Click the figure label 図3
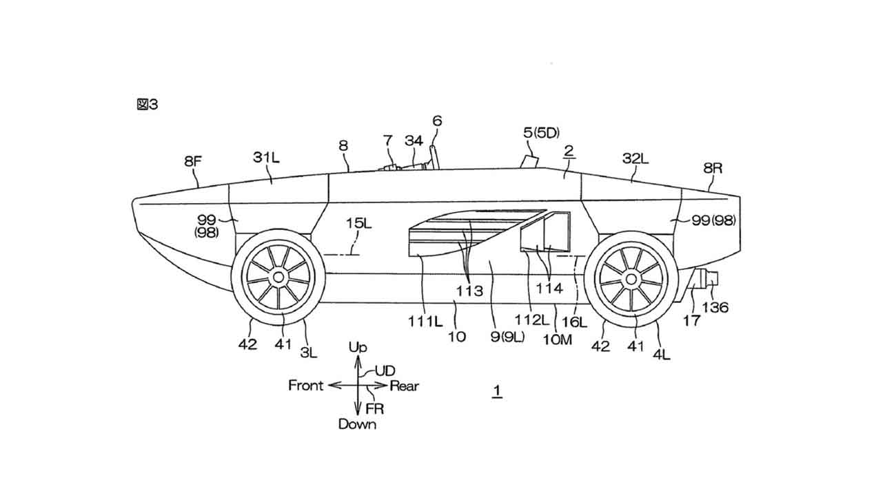148,105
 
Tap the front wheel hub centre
278,277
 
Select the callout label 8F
193,163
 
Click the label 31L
266,158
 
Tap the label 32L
635,158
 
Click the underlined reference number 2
569,150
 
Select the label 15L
358,223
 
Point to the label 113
470,291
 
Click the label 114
550,288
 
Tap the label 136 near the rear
715,307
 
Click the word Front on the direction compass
305,386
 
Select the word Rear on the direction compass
404,386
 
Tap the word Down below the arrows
357,424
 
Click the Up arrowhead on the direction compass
357,361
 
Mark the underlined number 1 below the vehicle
496,392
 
